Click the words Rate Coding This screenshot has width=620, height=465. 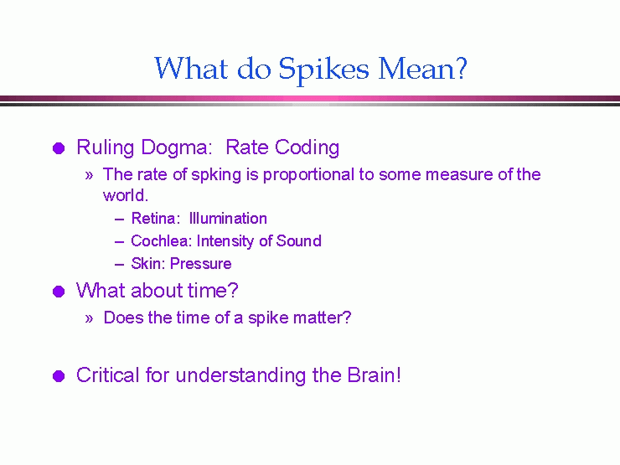[283, 148]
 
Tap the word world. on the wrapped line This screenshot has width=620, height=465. [125, 196]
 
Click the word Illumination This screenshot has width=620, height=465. [228, 219]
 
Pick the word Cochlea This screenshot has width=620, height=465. [162, 241]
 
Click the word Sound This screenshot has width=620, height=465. [300, 241]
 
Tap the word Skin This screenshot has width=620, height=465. [147, 264]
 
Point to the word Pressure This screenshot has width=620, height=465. [201, 264]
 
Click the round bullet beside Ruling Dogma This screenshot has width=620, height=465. [58, 149]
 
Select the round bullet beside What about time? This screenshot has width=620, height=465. [58, 292]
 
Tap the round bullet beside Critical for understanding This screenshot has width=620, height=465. [58, 376]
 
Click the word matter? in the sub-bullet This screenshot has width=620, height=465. [324, 318]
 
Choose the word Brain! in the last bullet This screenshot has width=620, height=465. [374, 375]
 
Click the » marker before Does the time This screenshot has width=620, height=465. [89, 319]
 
